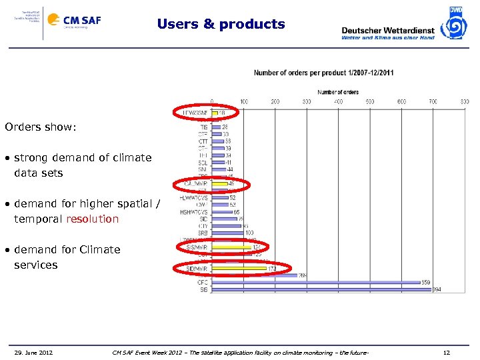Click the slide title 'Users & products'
221,24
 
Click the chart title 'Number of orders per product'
323,73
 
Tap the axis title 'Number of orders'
338,92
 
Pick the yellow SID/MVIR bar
239,269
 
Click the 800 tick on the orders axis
464,101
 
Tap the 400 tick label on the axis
338,101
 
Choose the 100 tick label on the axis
244,101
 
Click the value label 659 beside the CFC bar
425,282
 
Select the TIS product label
203,127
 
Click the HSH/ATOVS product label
194,211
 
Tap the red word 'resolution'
93,219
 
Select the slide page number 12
447,352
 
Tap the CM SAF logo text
82,20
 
